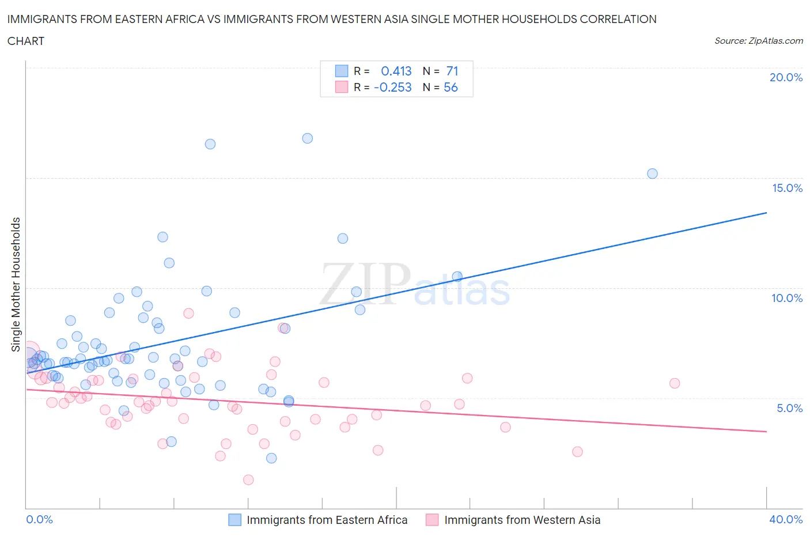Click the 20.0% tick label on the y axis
(x=786, y=77)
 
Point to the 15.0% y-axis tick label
(x=786, y=188)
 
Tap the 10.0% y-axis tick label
(x=786, y=298)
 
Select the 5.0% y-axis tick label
(x=789, y=408)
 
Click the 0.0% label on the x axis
(x=39, y=519)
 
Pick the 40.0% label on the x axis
(x=786, y=519)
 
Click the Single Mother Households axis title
(x=16, y=284)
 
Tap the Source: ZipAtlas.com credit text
(x=758, y=41)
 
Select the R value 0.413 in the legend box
(x=396, y=71)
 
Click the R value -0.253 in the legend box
(x=393, y=87)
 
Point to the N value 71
(x=452, y=71)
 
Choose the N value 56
(x=451, y=87)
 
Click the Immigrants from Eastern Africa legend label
(x=327, y=520)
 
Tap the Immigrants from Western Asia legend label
(x=522, y=520)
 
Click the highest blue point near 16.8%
(x=308, y=138)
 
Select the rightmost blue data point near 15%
(x=652, y=173)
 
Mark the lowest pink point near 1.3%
(x=248, y=480)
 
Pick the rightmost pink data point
(x=675, y=383)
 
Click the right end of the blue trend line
(x=766, y=213)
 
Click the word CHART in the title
(x=26, y=41)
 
